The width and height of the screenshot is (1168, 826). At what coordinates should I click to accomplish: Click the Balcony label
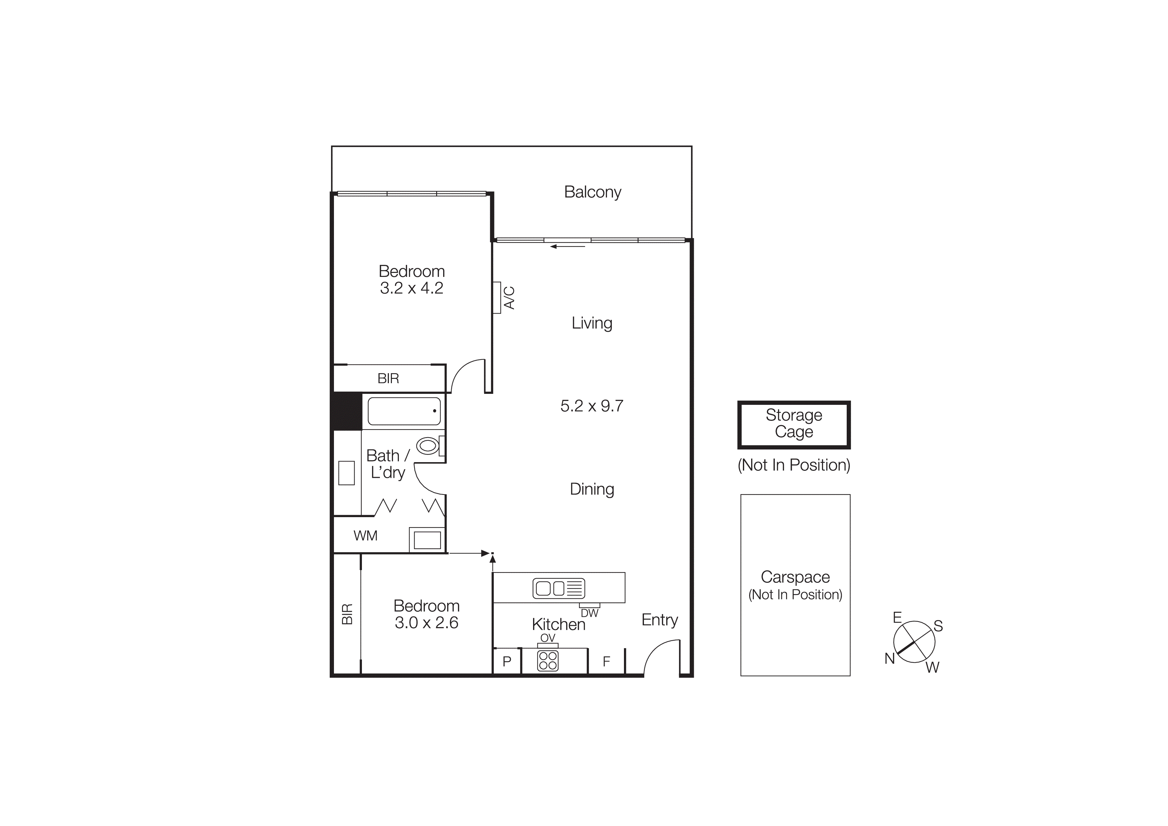(593, 192)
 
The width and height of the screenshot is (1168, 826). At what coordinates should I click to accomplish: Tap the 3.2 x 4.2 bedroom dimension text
(412, 288)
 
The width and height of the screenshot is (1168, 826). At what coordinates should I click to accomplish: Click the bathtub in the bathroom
(404, 411)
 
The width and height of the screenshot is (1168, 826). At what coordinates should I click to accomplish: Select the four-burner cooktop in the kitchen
(548, 661)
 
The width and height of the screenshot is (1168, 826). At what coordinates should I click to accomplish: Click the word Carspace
(795, 577)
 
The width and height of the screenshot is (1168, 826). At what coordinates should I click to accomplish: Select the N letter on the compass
(889, 658)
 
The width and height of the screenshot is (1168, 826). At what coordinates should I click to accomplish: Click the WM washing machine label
(365, 535)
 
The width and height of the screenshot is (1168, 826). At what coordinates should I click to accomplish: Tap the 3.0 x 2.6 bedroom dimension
(426, 622)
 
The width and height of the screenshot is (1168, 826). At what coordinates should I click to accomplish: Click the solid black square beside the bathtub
(347, 411)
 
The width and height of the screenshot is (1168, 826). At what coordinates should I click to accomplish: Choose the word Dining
(592, 489)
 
